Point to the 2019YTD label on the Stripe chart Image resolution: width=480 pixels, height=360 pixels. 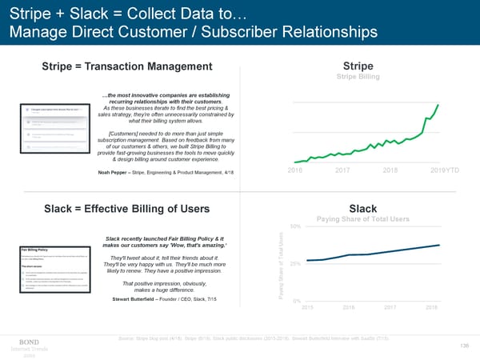pos(445,170)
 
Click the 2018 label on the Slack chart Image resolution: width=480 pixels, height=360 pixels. pos(430,307)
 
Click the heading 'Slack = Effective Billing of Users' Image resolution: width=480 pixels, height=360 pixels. pos(128,210)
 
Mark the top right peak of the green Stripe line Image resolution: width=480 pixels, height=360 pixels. pos(438,105)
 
